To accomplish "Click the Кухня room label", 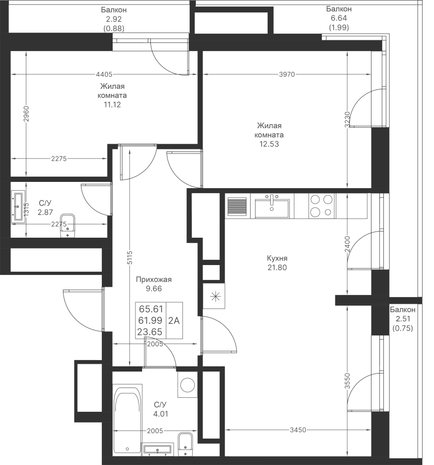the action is click(277, 258).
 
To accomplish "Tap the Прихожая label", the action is click(153, 280).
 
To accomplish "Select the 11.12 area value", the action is click(112, 104).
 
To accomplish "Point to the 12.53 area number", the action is click(269, 144).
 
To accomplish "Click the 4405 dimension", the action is click(104, 74).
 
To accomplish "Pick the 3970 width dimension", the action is click(287, 74).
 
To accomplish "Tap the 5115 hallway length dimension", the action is click(130, 258).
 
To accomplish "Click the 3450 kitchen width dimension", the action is click(298, 430).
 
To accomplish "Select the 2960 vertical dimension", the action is click(26, 114).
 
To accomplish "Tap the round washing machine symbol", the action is click(188, 384).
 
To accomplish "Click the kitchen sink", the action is click(272, 207).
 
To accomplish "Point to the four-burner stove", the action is click(321, 206).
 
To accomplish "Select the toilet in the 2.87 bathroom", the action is click(68, 226).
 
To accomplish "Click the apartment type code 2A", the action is click(174, 320).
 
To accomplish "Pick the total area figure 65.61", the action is click(151, 309).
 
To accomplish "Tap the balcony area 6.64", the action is click(339, 18).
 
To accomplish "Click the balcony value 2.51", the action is click(403, 319).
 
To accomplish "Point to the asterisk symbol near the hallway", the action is click(215, 296).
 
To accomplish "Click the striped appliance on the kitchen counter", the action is click(237, 206).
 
